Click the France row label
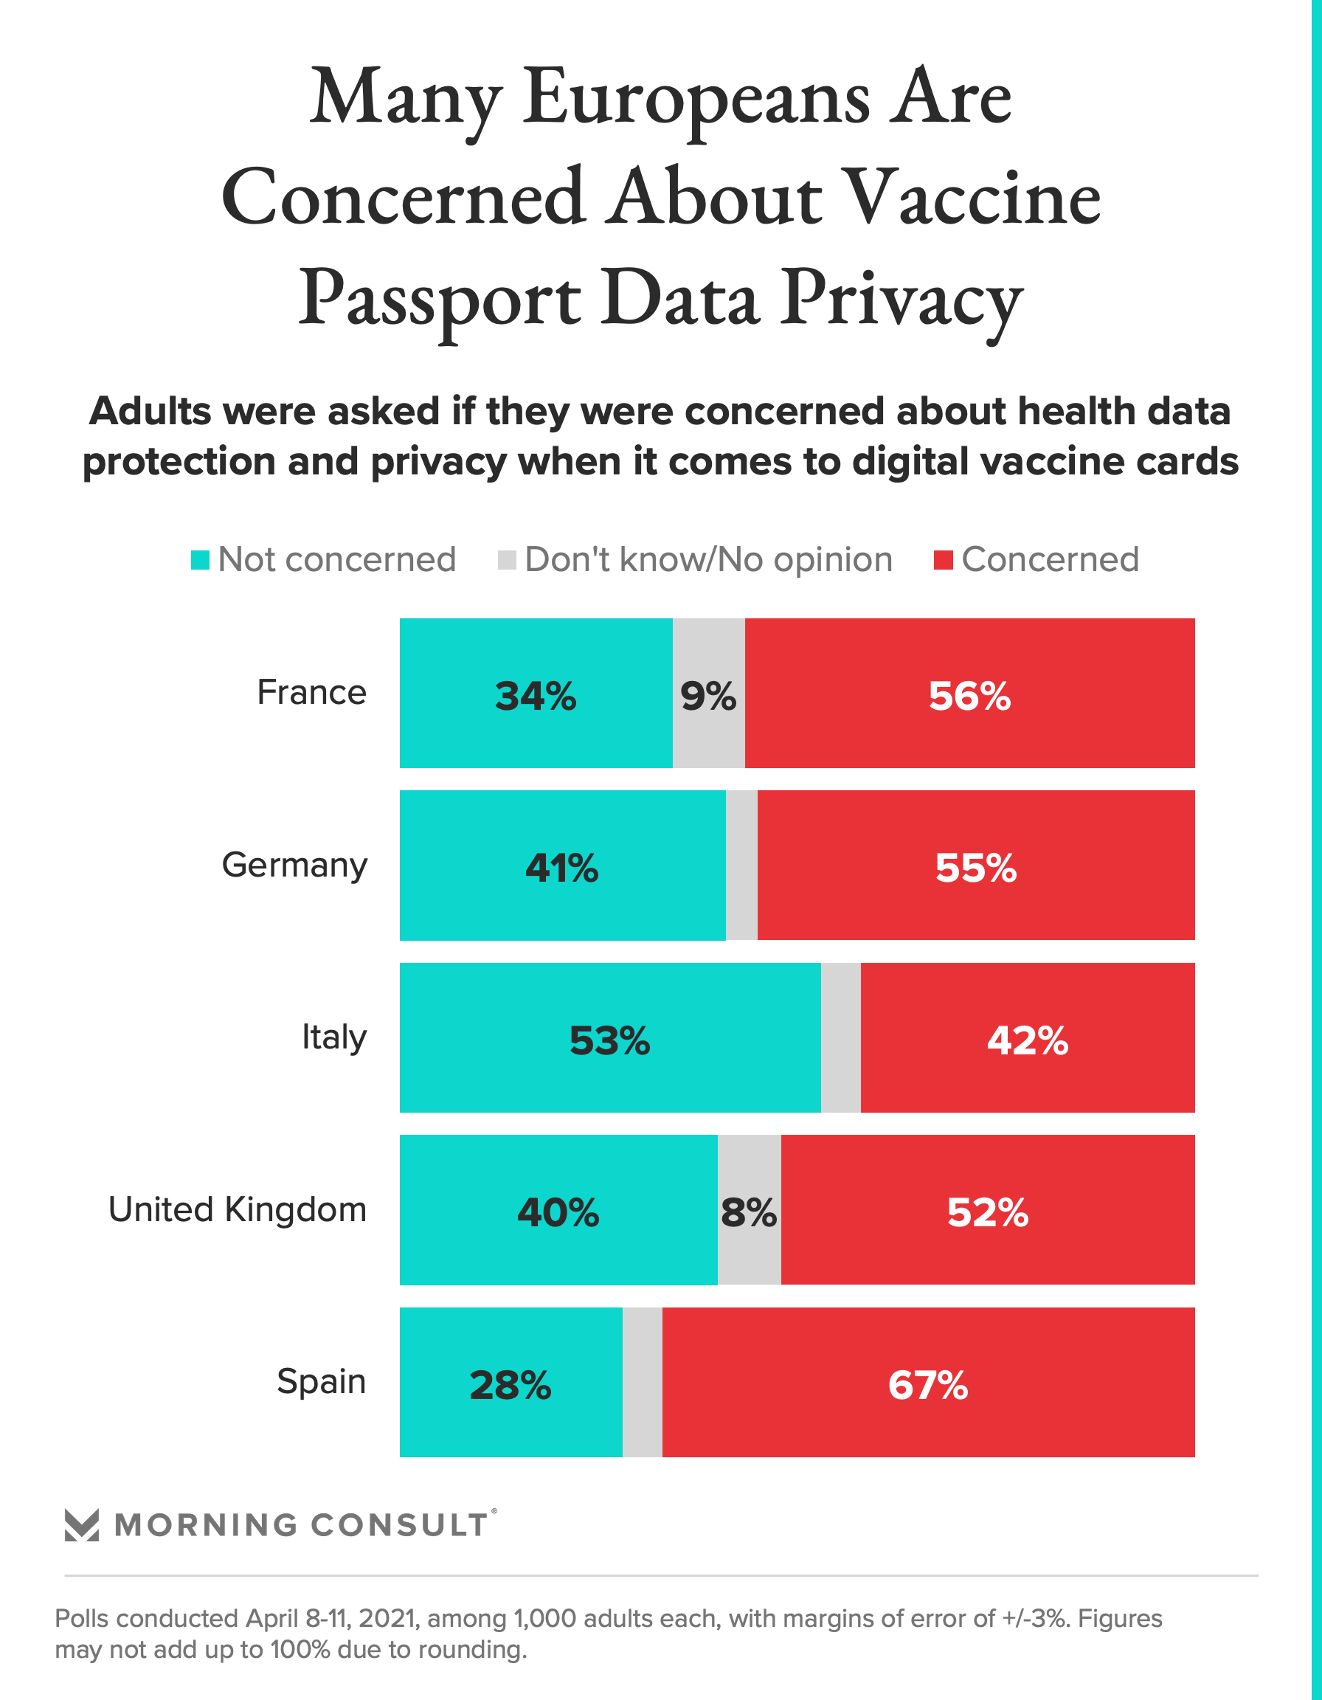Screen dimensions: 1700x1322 coord(311,692)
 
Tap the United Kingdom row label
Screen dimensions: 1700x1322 coord(238,1209)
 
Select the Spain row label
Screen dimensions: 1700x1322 coord(321,1381)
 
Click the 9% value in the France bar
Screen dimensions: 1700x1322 coord(708,695)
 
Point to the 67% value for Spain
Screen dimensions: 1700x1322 coord(927,1385)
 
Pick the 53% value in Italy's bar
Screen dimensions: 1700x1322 coord(609,1040)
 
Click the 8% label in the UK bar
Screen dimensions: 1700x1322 coord(749,1212)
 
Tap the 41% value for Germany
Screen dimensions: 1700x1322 coord(562,867)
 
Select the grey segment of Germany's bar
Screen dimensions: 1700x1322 coord(741,865)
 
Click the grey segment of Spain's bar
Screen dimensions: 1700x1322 coord(642,1382)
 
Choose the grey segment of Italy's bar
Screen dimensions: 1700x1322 coord(840,1037)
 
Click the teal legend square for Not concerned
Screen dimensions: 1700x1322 coord(200,560)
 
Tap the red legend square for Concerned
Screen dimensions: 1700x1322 coord(943,560)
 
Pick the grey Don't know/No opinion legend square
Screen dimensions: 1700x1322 coord(507,560)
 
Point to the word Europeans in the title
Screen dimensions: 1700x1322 coord(696,99)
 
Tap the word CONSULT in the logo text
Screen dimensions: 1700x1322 coord(399,1525)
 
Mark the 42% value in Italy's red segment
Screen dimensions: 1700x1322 coord(1027,1040)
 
